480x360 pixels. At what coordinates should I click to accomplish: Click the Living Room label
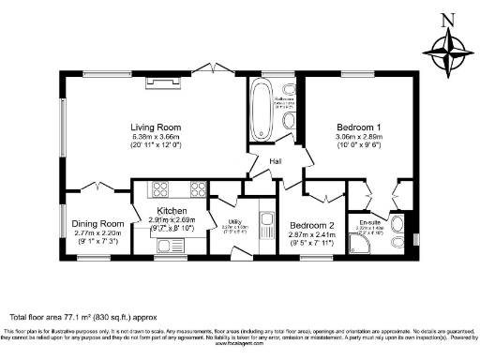(x=155, y=127)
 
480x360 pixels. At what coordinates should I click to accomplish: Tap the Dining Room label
(x=98, y=224)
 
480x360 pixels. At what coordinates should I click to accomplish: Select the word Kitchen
(x=172, y=211)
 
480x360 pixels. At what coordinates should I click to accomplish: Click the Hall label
(x=276, y=161)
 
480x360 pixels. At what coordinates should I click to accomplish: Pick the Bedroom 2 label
(x=312, y=226)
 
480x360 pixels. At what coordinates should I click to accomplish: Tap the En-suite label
(x=371, y=222)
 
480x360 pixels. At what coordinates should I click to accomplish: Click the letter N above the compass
(x=447, y=19)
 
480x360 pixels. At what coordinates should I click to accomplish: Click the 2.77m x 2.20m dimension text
(x=98, y=234)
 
